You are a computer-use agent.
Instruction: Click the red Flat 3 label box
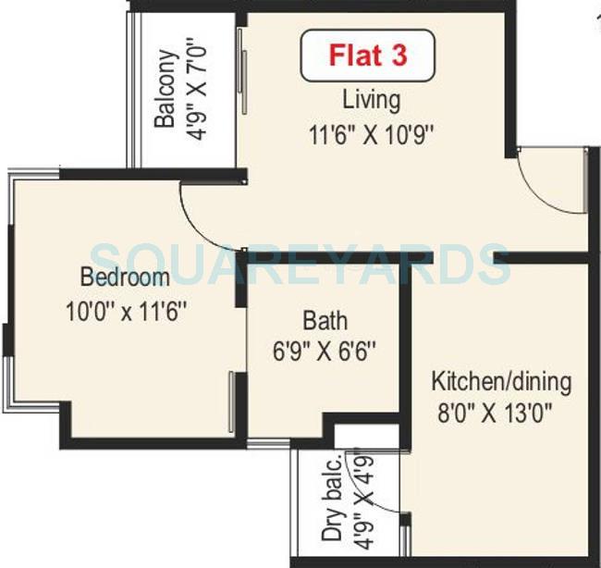pos(367,56)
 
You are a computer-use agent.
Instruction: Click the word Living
pos(371,99)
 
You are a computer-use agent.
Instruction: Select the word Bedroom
pos(125,278)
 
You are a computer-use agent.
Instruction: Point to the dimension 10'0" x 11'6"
pos(127,311)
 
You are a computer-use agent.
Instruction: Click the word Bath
pos(325,321)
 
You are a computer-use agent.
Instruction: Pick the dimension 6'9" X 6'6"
pos(326,352)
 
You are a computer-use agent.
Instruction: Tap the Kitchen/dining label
pos(502,381)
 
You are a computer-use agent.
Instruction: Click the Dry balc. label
pos(331,499)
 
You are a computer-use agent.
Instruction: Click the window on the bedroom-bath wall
pos(232,401)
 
